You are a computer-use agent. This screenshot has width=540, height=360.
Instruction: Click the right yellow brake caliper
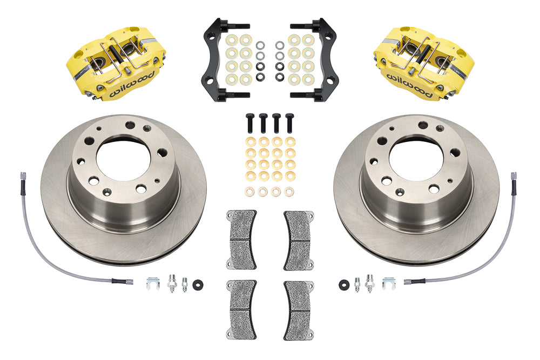click(x=423, y=65)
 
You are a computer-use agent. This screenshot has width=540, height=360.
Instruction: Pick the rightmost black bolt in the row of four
click(x=290, y=123)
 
